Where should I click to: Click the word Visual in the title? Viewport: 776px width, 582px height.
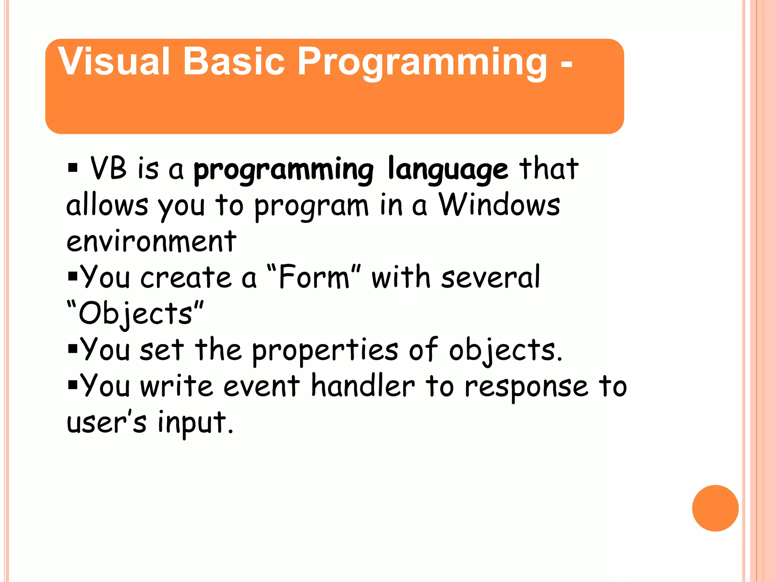[x=114, y=62]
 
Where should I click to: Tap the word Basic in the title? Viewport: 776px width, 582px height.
[x=233, y=62]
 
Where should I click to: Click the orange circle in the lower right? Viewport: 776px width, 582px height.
[x=715, y=508]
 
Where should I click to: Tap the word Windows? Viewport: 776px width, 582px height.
[x=499, y=205]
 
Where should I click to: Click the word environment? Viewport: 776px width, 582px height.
[x=151, y=241]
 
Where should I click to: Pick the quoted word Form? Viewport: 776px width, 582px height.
[x=314, y=277]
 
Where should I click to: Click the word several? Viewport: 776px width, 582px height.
[x=490, y=277]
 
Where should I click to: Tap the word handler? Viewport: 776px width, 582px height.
[x=363, y=386]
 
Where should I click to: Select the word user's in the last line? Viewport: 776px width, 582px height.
[x=106, y=422]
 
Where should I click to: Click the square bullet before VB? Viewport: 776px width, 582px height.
[x=73, y=167]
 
